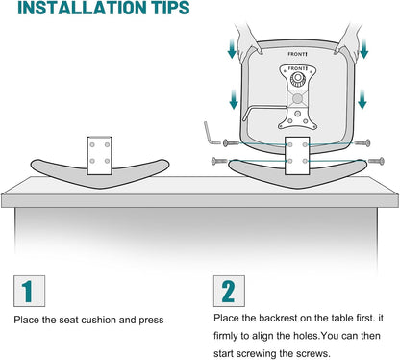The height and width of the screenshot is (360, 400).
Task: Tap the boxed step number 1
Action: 29,291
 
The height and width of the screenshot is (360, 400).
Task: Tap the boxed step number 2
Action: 229,291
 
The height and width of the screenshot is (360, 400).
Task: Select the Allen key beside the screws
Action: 210,134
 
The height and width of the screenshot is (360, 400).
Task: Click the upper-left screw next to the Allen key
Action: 231,142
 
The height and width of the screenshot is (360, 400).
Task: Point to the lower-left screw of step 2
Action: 219,161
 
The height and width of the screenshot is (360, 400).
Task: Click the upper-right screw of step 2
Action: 362,142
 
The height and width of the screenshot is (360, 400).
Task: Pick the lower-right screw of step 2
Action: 376,161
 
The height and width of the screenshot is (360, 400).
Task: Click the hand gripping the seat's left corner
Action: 249,40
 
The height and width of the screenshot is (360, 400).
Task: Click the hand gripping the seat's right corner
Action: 348,41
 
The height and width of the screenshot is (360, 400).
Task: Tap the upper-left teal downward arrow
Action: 232,48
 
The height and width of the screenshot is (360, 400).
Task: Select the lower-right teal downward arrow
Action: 362,99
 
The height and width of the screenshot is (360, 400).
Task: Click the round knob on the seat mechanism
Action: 298,78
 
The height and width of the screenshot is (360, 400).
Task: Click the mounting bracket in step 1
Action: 99,156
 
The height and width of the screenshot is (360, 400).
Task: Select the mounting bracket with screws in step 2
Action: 297,156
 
